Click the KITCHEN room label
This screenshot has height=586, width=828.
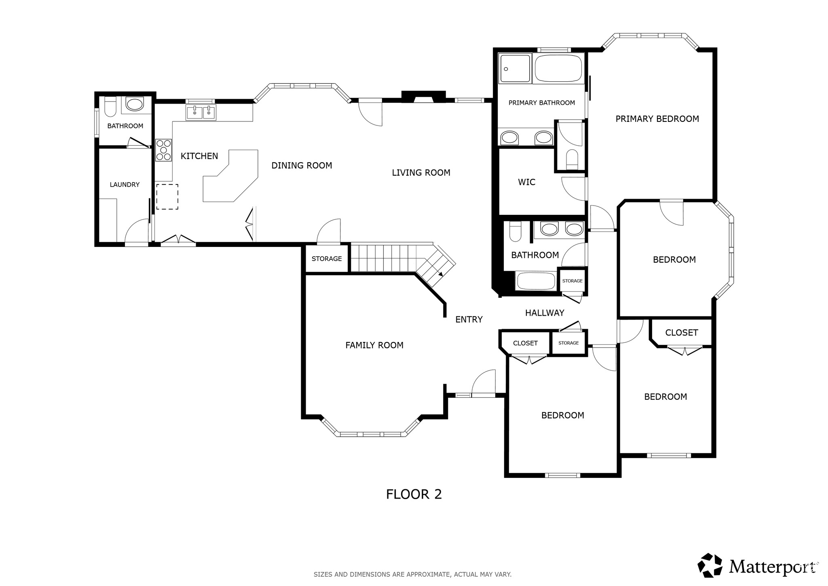pyautogui.click(x=199, y=156)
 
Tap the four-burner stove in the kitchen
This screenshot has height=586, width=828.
pyautogui.click(x=163, y=150)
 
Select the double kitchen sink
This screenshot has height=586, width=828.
pyautogui.click(x=201, y=113)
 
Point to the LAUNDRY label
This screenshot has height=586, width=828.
pyautogui.click(x=125, y=185)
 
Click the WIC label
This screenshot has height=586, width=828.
pyautogui.click(x=527, y=182)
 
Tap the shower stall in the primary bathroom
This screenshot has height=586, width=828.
pyautogui.click(x=515, y=68)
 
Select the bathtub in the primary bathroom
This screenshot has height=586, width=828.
pyautogui.click(x=558, y=68)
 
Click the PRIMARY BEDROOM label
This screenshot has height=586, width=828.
pyautogui.click(x=657, y=119)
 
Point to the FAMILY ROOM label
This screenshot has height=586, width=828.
pyautogui.click(x=374, y=345)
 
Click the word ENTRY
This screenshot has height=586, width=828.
pyautogui.click(x=469, y=320)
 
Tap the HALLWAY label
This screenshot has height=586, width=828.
pyautogui.click(x=545, y=313)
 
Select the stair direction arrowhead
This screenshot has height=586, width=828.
pyautogui.click(x=440, y=274)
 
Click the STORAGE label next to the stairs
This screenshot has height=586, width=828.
pyautogui.click(x=327, y=259)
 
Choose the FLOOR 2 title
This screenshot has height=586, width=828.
pyautogui.click(x=414, y=494)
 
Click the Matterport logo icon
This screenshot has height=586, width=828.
pyautogui.click(x=710, y=565)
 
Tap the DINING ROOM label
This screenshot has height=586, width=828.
pyautogui.click(x=302, y=166)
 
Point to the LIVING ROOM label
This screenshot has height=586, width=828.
pyautogui.click(x=421, y=173)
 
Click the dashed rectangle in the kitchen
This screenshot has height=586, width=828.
pyautogui.click(x=167, y=197)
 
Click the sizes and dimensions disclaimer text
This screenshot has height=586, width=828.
pyautogui.click(x=413, y=574)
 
